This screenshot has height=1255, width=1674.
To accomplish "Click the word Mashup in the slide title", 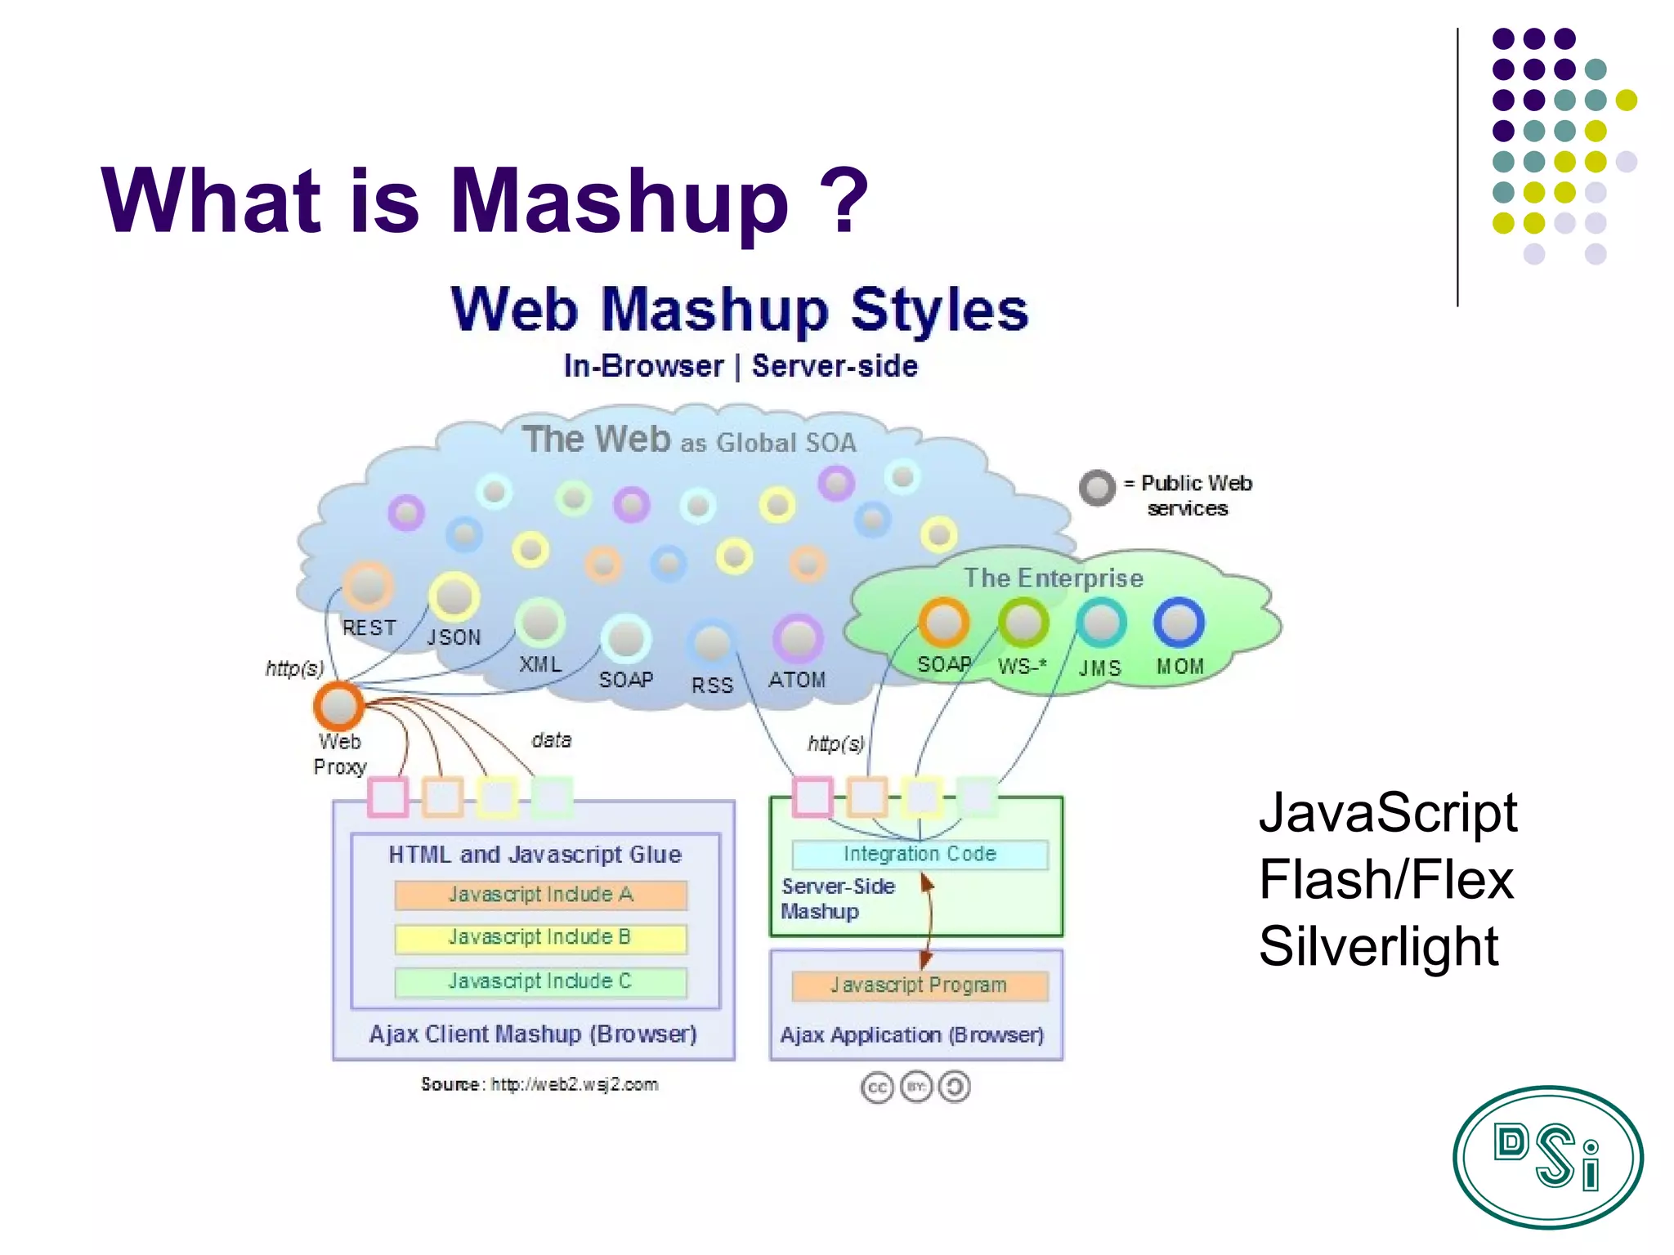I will [x=619, y=201].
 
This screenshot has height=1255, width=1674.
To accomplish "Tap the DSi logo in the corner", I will [x=1547, y=1157].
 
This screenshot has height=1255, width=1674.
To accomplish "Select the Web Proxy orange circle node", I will [x=338, y=706].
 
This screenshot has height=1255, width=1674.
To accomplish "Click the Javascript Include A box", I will [x=540, y=895].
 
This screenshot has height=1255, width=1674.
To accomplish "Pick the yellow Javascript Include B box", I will [x=540, y=938].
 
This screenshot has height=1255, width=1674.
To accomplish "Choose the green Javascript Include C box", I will [x=540, y=981].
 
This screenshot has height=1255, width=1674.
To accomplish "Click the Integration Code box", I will [x=920, y=854].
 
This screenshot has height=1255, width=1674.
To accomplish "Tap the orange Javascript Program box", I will [x=919, y=985].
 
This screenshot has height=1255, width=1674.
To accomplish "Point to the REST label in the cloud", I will [x=369, y=627].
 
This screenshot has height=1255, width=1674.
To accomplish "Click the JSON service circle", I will [x=454, y=596].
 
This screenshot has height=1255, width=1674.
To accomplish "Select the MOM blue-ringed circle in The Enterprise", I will [x=1179, y=623].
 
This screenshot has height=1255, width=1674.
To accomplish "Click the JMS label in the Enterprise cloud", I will [x=1099, y=668].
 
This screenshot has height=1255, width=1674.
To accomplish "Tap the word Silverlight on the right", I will [x=1378, y=946].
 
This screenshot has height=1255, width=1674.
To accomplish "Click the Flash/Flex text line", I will [x=1386, y=879].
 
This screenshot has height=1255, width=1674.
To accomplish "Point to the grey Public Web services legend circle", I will [x=1097, y=488].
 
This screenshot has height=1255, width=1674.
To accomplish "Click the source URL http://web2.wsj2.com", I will [x=574, y=1084].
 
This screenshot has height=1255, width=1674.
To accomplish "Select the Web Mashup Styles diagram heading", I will [x=740, y=310].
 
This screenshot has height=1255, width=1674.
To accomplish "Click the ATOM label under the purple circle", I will [x=797, y=680].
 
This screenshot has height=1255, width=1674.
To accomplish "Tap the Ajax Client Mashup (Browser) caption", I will [x=533, y=1034].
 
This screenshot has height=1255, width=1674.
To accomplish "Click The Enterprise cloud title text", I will [x=1054, y=578].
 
